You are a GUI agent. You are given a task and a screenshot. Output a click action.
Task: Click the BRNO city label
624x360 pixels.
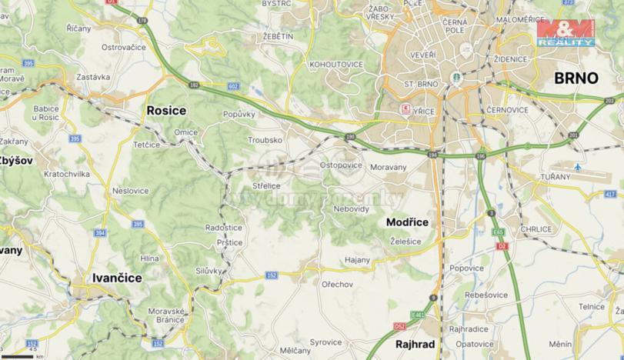(x=576, y=78)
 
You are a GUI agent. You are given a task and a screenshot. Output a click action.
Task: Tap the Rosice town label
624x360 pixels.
(x=166, y=111)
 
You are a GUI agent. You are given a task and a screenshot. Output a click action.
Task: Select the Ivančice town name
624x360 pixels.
(x=117, y=278)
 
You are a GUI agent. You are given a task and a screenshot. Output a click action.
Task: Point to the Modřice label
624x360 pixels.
(x=407, y=222)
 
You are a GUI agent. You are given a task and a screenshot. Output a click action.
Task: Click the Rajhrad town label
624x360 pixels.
(x=416, y=344)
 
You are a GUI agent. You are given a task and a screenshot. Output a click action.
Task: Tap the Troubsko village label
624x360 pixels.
(x=265, y=141)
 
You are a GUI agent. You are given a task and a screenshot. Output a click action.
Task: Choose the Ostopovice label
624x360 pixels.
(x=341, y=165)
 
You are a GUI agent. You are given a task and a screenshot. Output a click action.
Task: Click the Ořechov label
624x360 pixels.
(x=336, y=285)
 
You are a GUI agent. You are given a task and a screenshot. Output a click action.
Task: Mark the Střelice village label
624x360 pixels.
(x=267, y=185)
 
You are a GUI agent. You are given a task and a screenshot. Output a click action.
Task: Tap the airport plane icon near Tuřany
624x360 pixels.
(x=578, y=167)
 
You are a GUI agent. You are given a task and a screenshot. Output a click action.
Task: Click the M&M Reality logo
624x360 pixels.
(x=566, y=34)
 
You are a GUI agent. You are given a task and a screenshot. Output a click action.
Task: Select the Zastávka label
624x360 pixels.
(x=93, y=77)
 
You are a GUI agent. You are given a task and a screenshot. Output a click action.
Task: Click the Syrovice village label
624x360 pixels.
(x=325, y=342)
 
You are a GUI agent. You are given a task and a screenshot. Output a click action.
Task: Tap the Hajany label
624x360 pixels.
(x=358, y=261)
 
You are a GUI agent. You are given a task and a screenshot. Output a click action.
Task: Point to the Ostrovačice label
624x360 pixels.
(x=124, y=47)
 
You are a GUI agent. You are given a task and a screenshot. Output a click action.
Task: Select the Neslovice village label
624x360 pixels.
(x=130, y=189)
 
